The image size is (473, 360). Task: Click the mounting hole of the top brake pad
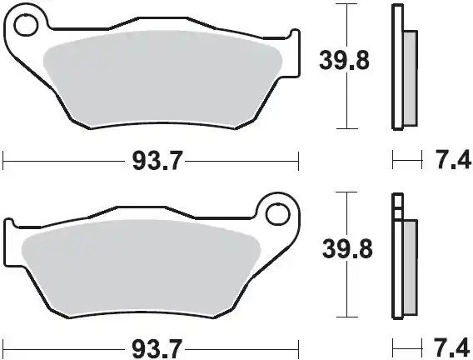[25, 27]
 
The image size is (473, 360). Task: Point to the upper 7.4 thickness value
[446, 160]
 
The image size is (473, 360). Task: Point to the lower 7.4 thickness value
[446, 345]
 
